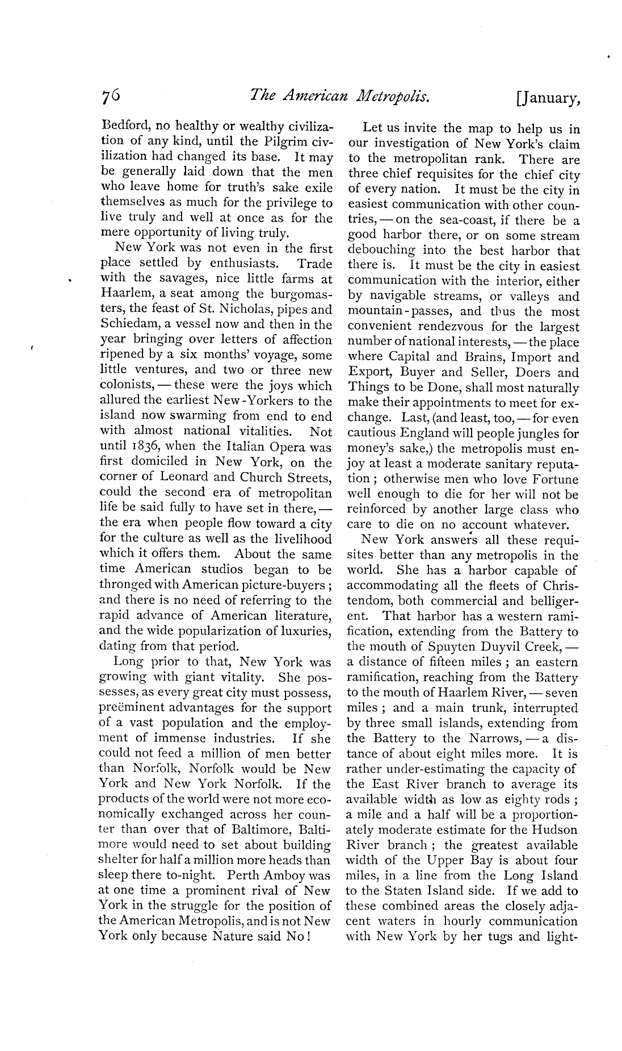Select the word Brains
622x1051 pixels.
(x=484, y=358)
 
